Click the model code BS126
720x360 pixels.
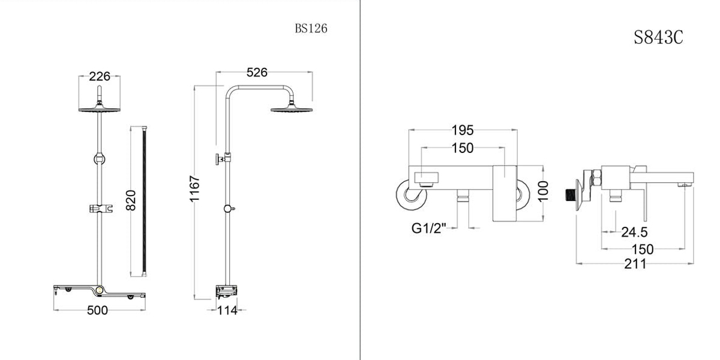pyautogui.click(x=311, y=28)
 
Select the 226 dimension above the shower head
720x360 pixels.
pyautogui.click(x=100, y=76)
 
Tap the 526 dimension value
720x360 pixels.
pyautogui.click(x=257, y=73)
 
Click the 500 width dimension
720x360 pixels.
pyautogui.click(x=97, y=310)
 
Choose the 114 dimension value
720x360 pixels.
pyautogui.click(x=227, y=310)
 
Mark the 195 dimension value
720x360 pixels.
pyautogui.click(x=463, y=130)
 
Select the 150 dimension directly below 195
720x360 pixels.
pyautogui.click(x=463, y=148)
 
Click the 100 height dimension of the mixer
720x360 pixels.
pyautogui.click(x=544, y=192)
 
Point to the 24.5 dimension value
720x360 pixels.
pyautogui.click(x=634, y=232)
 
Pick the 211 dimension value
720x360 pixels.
pyautogui.click(x=635, y=263)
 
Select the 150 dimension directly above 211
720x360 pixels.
pyautogui.click(x=642, y=249)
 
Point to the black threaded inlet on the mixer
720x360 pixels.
pyautogui.click(x=571, y=194)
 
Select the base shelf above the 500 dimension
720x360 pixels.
pyautogui.click(x=100, y=292)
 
